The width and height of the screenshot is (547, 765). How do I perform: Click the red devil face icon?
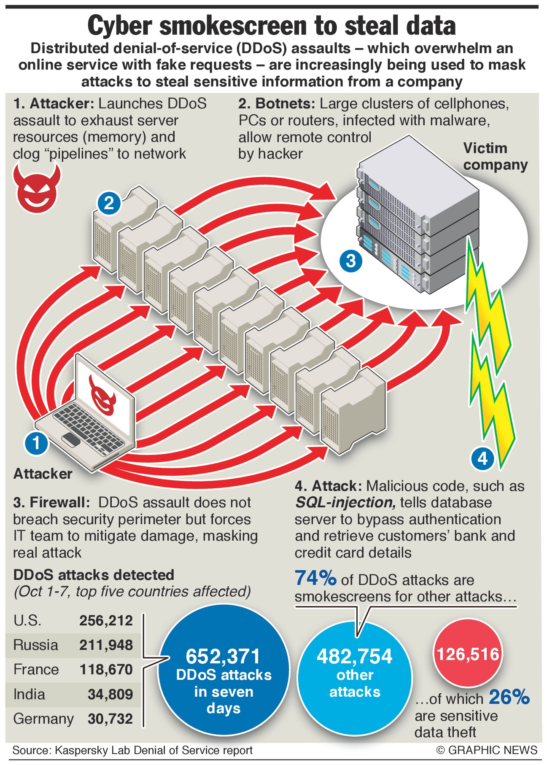[37, 188]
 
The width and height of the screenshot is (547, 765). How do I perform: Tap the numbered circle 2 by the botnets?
[109, 203]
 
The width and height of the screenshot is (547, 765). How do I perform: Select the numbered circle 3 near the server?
[350, 260]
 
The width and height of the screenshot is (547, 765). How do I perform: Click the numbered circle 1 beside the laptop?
[36, 443]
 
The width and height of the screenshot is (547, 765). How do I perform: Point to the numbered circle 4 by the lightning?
[482, 458]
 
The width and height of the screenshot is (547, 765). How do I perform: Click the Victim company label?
[495, 156]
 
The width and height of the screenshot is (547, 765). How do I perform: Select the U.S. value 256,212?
[106, 620]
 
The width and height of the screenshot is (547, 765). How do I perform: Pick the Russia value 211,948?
[106, 645]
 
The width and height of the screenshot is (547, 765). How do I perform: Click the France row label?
[36, 669]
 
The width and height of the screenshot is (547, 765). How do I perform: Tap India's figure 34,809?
[110, 694]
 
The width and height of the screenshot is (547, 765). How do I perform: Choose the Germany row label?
[43, 719]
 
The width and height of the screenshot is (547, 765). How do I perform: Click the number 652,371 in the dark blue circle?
[223, 656]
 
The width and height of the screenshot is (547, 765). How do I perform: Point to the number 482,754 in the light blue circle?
[354, 656]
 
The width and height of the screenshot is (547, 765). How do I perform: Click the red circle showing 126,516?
[468, 654]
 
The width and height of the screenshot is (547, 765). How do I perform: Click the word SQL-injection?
[345, 503]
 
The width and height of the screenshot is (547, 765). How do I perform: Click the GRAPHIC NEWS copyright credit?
[487, 750]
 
